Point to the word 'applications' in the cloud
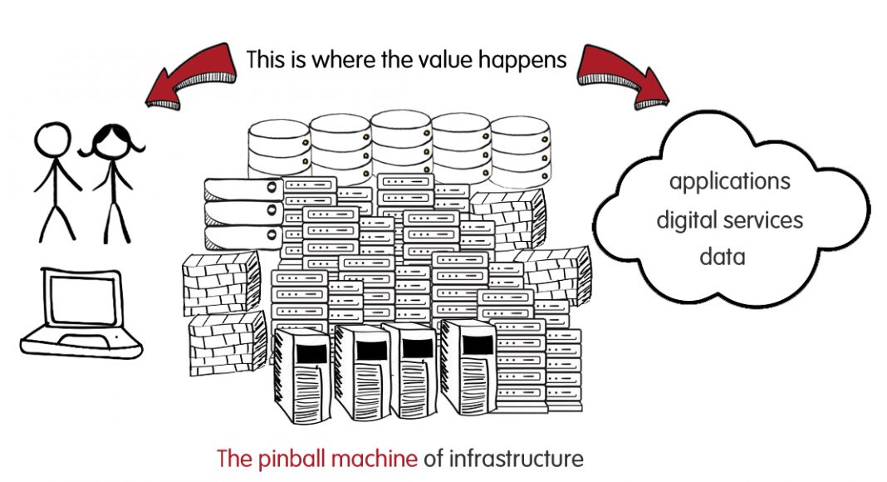pos(730,182)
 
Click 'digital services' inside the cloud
pos(730,219)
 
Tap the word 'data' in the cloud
pos(723,256)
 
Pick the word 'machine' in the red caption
pos(375,458)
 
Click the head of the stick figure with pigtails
pos(111,141)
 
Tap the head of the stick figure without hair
pos(52,140)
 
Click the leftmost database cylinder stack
pos(279,149)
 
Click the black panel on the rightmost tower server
pos(478,344)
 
